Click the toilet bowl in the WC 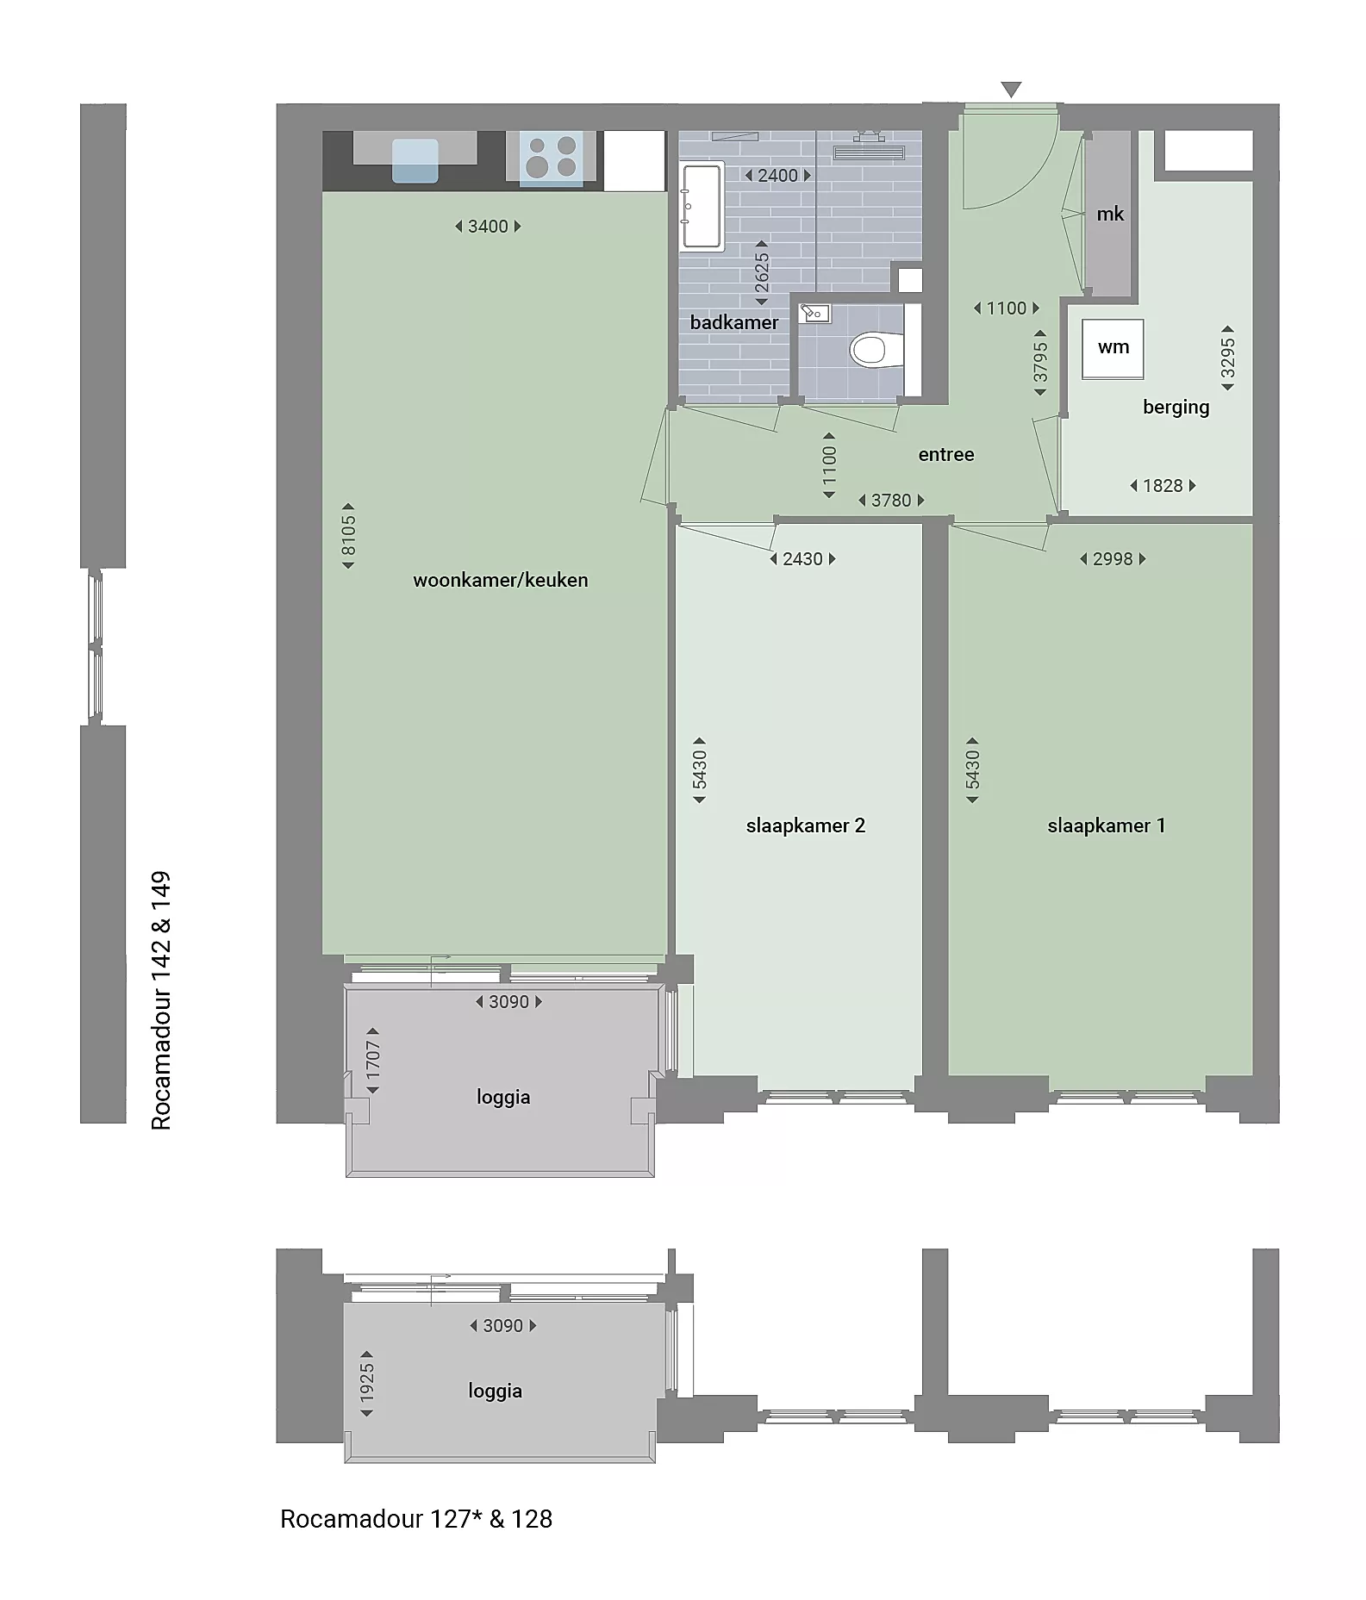click(x=869, y=350)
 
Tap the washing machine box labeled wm click(x=1113, y=348)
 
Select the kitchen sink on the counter click(x=415, y=161)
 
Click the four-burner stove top click(x=552, y=156)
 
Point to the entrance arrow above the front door click(x=1011, y=90)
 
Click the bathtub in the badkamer click(x=702, y=207)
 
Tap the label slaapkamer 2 click(x=806, y=825)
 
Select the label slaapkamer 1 click(x=1107, y=825)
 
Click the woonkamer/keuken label click(x=501, y=580)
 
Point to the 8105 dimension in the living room click(x=348, y=536)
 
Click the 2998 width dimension click(x=1113, y=559)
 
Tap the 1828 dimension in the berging click(x=1163, y=486)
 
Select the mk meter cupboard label click(x=1110, y=214)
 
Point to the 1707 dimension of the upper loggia click(x=373, y=1061)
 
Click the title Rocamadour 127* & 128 click(x=416, y=1519)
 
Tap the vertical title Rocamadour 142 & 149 click(x=161, y=1000)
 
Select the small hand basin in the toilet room click(x=814, y=314)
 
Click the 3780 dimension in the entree click(x=891, y=501)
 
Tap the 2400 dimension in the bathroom click(x=777, y=176)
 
